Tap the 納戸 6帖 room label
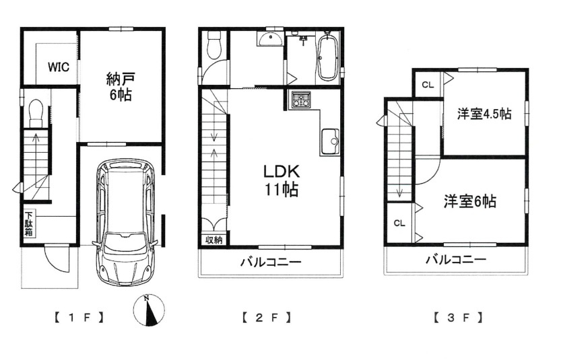119,85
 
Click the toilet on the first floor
36,112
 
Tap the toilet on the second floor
215,46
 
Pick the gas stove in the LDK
300,101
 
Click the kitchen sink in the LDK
331,142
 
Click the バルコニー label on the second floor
271,262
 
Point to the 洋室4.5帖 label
484,114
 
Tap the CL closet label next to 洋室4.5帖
427,84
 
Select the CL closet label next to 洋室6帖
399,223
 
